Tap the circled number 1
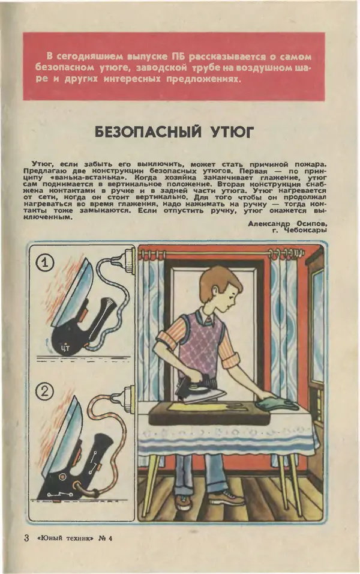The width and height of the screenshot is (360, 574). point(46,262)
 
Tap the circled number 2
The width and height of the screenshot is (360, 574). point(46,392)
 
